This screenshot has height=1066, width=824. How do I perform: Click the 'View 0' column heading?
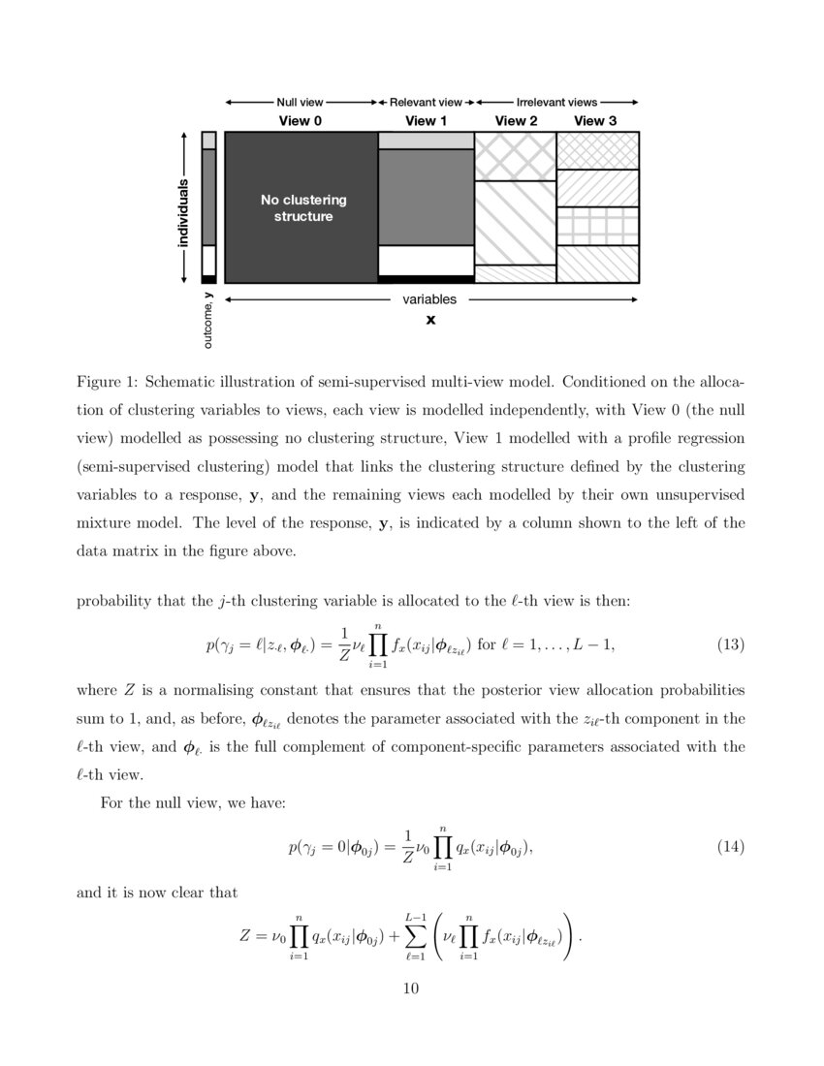point(301,121)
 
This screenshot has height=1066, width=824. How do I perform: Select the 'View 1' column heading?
point(426,121)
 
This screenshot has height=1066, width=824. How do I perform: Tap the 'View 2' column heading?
point(516,121)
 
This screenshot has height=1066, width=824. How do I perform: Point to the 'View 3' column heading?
point(595,121)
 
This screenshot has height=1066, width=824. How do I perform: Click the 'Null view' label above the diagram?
point(301,101)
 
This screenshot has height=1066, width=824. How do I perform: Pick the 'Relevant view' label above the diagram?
point(426,101)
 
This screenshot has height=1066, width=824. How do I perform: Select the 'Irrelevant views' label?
point(556,101)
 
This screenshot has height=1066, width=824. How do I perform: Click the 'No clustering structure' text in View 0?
point(302,208)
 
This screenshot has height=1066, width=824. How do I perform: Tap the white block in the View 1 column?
point(426,260)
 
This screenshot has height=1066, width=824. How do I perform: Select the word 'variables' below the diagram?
point(429,299)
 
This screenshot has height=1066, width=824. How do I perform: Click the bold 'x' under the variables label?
point(430,319)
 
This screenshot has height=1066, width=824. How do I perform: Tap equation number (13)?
point(730,643)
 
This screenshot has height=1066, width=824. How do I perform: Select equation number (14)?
point(730,847)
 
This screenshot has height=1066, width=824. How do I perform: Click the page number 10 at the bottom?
point(411,988)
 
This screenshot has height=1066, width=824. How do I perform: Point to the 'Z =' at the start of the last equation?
point(252,937)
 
